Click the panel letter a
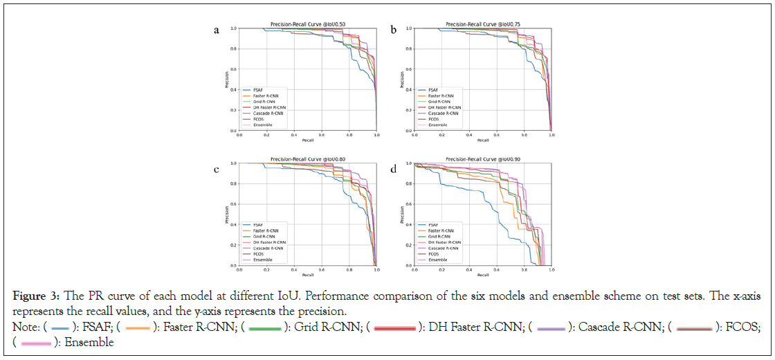pyautogui.click(x=217, y=30)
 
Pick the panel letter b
pyautogui.click(x=393, y=30)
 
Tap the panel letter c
pyautogui.click(x=217, y=168)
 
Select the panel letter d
pyautogui.click(x=393, y=168)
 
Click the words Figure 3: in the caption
pyautogui.click(x=33, y=298)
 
